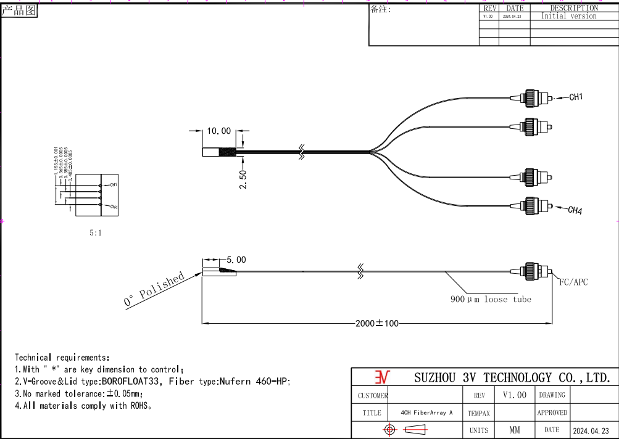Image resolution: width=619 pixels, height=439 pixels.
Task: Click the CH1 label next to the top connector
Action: click(575, 97)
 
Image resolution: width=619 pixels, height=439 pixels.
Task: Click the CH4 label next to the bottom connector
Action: click(575, 211)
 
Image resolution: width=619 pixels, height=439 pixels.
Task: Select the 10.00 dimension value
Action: click(218, 131)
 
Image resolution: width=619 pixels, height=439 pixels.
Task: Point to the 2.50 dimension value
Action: click(243, 179)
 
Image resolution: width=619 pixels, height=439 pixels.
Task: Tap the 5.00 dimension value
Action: click(236, 260)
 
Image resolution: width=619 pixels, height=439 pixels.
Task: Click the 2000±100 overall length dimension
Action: click(376, 323)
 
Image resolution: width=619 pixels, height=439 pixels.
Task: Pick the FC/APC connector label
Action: click(573, 282)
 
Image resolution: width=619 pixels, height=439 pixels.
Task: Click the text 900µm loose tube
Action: click(490, 300)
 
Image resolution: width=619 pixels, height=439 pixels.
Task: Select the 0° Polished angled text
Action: click(154, 289)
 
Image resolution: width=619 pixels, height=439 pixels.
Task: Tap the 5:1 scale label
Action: click(96, 234)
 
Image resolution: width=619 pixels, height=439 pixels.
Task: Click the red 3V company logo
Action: click(383, 377)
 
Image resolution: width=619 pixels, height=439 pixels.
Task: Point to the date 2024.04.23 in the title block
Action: click(591, 430)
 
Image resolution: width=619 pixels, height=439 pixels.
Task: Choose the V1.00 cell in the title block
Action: click(514, 395)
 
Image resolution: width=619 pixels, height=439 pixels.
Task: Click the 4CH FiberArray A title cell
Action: click(426, 412)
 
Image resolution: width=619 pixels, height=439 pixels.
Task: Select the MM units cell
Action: click(514, 430)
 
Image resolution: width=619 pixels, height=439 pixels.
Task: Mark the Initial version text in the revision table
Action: click(568, 17)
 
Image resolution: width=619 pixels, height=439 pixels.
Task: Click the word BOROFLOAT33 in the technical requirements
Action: click(133, 382)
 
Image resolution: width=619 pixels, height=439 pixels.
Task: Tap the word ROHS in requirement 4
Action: click(138, 406)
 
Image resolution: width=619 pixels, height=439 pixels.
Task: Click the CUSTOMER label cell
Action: click(373, 395)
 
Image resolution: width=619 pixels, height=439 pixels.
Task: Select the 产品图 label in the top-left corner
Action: click(19, 10)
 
